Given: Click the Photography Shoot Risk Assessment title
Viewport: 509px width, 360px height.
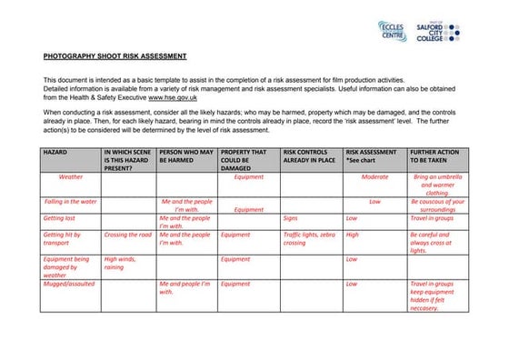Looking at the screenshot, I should point(115,56).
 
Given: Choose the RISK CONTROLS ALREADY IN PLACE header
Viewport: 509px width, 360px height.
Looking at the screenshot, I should point(310,155).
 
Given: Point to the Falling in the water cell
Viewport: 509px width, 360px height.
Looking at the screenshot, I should point(71,201).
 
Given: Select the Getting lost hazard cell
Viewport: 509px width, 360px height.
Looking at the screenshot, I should point(59,218).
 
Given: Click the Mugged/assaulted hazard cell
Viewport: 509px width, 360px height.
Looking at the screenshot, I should point(69,284).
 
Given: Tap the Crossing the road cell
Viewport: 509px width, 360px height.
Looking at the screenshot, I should point(128,235).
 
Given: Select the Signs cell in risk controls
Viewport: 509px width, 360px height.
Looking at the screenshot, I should point(290,218).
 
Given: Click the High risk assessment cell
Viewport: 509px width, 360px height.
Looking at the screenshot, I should point(352,235).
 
